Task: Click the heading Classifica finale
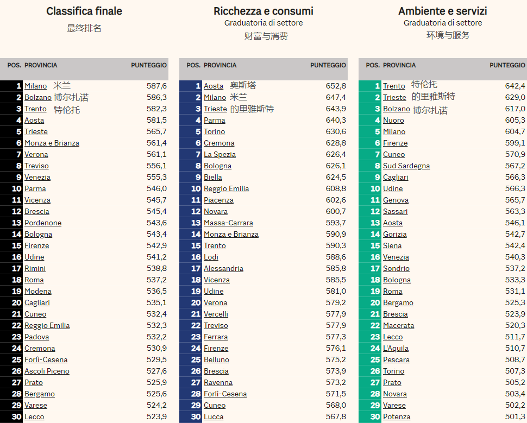84,11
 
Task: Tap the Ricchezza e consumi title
263,11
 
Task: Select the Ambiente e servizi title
443,11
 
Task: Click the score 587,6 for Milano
156,86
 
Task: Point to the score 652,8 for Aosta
336,86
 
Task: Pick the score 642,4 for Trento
515,86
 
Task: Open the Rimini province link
35,268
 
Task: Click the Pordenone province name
43,223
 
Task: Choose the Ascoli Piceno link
47,371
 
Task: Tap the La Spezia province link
219,154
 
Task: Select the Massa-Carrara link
228,223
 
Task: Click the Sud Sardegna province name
406,166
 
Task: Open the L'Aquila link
396,348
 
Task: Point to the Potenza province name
397,416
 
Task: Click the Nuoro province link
393,120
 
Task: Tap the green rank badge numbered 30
375,416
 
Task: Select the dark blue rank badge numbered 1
198,86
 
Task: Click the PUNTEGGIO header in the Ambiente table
507,65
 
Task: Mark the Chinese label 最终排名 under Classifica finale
84,28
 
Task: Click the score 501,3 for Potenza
515,416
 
